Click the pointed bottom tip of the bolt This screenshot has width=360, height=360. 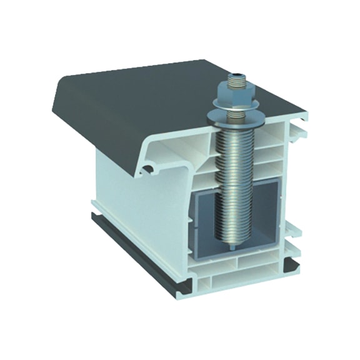(231, 249)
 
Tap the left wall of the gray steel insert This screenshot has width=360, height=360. (201, 225)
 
